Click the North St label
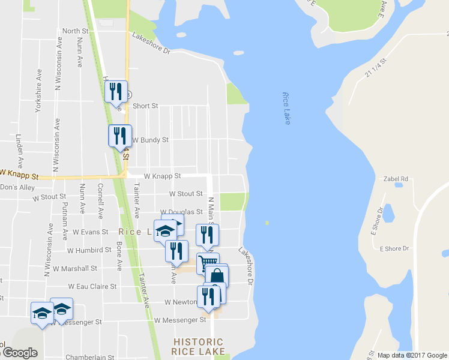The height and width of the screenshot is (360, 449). [75, 31]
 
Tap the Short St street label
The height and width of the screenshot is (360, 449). [145, 106]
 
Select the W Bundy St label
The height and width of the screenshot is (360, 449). [150, 140]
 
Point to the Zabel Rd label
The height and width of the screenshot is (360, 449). [396, 179]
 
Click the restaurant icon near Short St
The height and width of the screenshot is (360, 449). [116, 92]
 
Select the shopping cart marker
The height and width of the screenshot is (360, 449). [206, 263]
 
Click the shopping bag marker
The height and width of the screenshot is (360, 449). [218, 275]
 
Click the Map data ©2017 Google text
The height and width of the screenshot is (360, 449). [411, 355]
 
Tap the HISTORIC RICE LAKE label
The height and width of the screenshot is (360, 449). [198, 346]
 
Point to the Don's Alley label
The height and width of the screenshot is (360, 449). [17, 187]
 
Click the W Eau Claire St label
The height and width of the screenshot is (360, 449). [92, 287]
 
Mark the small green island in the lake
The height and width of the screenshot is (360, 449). [267, 223]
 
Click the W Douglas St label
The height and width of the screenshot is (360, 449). [181, 212]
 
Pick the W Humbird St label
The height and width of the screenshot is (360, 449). [89, 250]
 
